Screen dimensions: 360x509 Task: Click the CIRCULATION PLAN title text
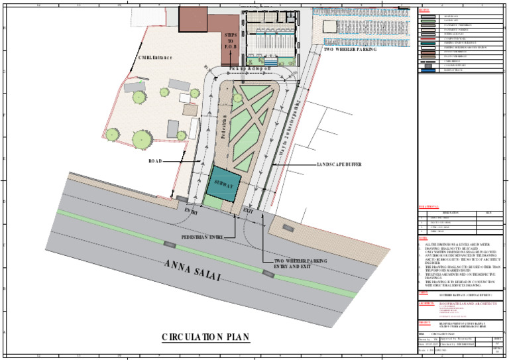[206, 337]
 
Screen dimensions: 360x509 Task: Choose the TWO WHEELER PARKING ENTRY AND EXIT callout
[301, 264]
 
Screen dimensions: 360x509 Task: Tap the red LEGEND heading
[425, 11]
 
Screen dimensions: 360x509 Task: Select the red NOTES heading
[424, 238]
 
